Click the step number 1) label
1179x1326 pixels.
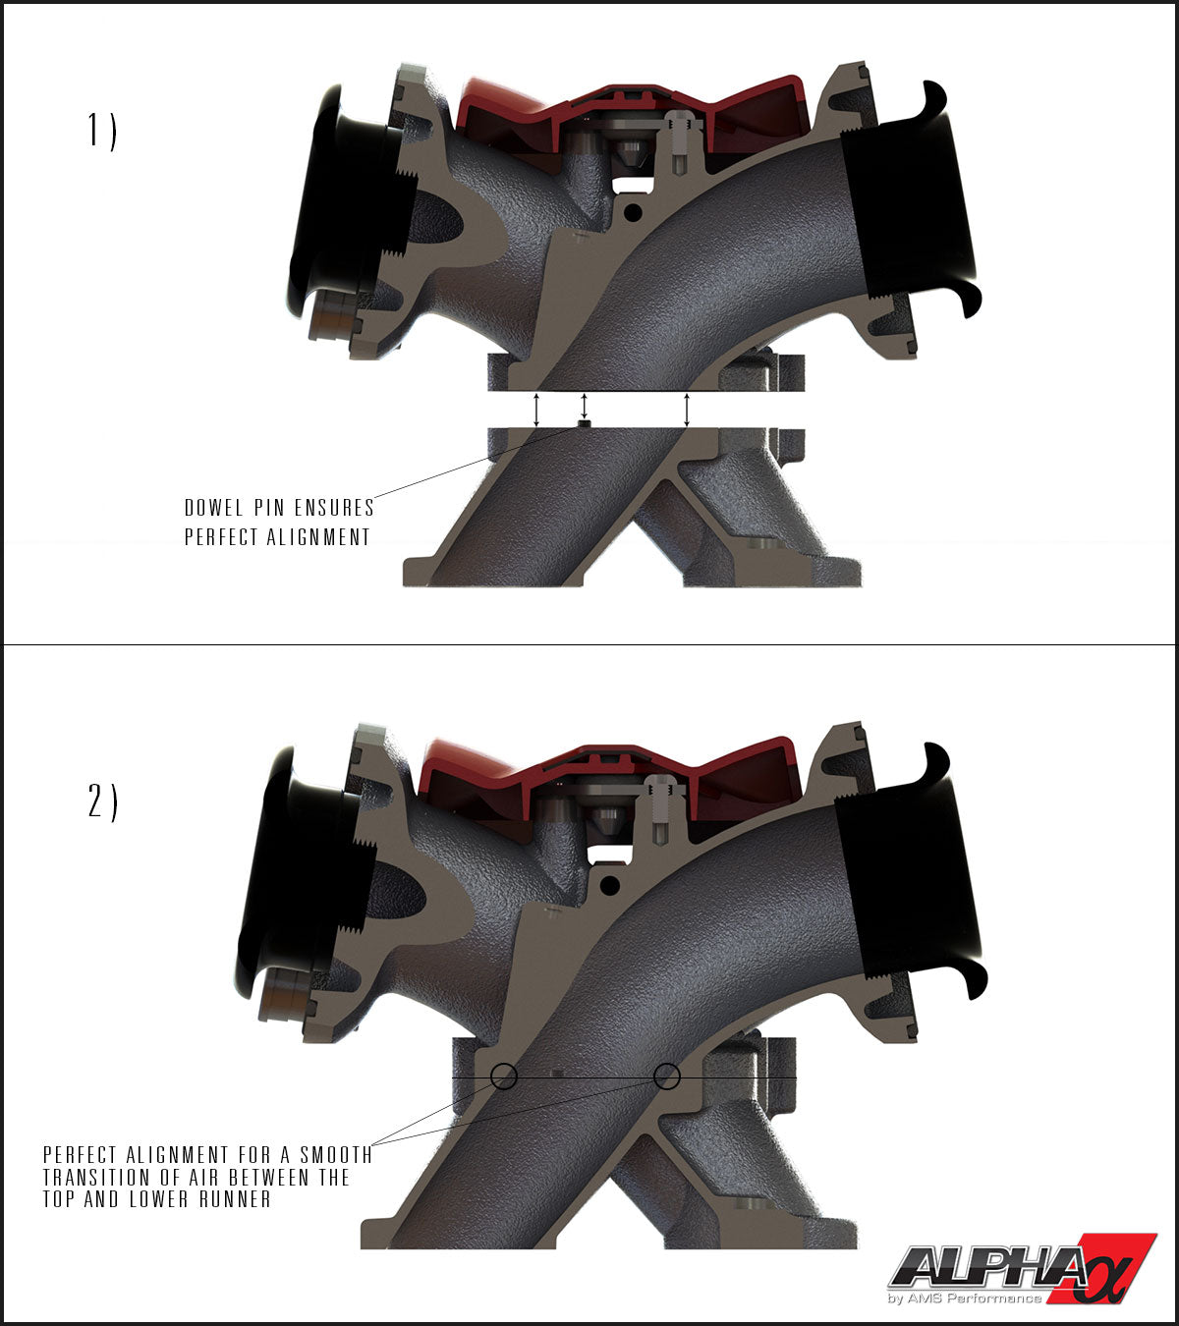(101, 131)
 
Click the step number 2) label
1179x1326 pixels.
(102, 801)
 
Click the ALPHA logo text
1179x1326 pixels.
(987, 1267)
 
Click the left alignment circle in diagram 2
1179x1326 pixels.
(504, 1077)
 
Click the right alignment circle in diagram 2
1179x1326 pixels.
(667, 1077)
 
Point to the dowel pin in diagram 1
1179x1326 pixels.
(585, 424)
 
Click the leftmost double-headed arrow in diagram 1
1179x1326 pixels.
(536, 409)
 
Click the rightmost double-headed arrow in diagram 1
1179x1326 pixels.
(687, 409)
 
